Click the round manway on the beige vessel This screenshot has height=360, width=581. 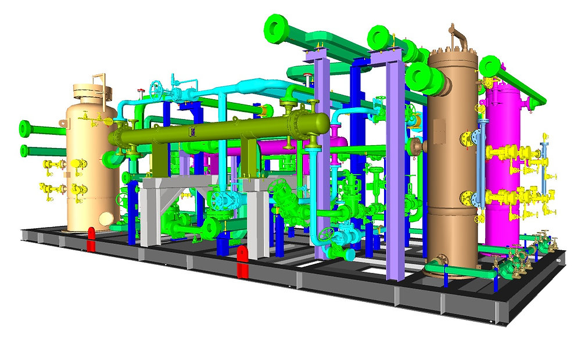point(106,218)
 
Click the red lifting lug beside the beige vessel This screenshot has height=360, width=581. point(91,239)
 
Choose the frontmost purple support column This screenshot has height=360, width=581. point(321,157)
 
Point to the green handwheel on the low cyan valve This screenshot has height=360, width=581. point(329,236)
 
